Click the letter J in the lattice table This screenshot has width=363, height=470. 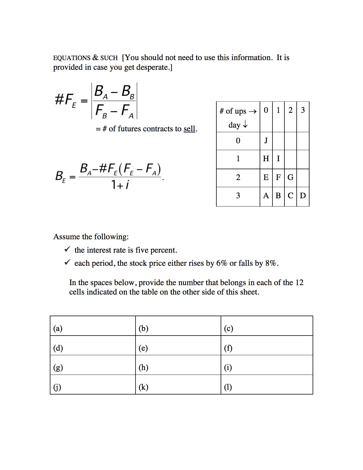pos(266,140)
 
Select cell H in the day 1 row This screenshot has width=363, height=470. pos(266,159)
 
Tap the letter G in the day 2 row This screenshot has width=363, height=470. pos(290,177)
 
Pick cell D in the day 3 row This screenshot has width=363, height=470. pos(303,196)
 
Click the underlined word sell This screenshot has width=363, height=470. pos(189,129)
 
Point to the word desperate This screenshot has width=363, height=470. pos(153,68)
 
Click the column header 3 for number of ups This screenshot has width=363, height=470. pos(303,110)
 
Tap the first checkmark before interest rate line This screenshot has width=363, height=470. pos(67,250)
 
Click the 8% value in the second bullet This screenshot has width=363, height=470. pos(270,263)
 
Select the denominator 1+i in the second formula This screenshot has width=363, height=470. pos(120,185)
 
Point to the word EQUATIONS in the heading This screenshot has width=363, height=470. pos(72,58)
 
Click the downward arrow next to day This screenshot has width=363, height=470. pos(245,125)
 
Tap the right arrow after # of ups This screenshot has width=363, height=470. pos(253,111)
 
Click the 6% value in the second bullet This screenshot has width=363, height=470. pos(222,263)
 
